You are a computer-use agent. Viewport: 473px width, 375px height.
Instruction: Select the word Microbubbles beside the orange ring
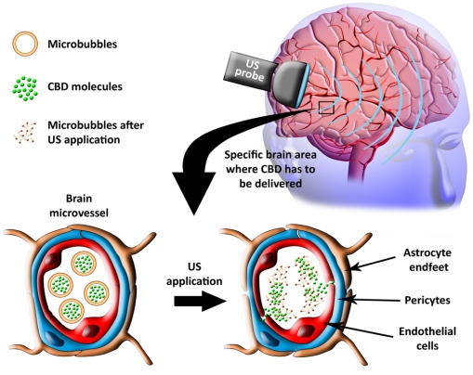coord(83,44)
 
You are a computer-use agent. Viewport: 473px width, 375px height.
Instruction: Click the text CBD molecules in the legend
coord(85,86)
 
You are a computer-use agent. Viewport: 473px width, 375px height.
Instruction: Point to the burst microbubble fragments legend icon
coord(25,133)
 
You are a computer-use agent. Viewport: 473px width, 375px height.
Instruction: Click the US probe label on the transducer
coord(250,70)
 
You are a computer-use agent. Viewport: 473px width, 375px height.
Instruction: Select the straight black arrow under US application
coord(200,301)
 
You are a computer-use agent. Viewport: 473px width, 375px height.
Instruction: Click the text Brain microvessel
coord(79,205)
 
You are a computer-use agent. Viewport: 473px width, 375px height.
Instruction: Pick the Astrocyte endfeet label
coord(427,260)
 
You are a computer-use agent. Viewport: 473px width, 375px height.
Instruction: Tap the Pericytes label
coord(427,300)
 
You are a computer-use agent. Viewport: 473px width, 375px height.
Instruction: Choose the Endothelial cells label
coord(427,338)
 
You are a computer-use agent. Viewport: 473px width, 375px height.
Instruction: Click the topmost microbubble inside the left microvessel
coord(84,264)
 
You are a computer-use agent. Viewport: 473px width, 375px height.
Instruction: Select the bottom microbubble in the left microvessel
coord(72,310)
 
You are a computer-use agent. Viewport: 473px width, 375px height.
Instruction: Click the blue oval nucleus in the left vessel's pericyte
coord(53,338)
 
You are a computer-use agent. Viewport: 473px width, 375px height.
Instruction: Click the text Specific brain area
coord(270,155)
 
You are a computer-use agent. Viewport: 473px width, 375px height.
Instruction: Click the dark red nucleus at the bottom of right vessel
coord(307,331)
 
